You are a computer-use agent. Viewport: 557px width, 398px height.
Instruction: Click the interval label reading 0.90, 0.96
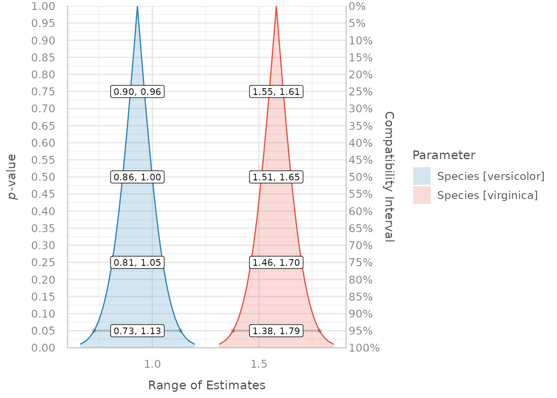(x=137, y=92)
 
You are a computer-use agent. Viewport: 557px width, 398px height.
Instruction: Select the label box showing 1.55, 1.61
(x=276, y=92)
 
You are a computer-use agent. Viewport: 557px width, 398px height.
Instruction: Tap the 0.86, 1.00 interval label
(x=137, y=177)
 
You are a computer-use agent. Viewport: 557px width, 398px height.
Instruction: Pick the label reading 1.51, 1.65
(x=276, y=177)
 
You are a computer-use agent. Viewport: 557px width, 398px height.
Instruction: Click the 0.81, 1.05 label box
(x=137, y=262)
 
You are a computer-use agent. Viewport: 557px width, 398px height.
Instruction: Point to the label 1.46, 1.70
(x=276, y=262)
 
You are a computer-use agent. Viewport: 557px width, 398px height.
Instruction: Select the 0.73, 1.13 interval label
(x=137, y=330)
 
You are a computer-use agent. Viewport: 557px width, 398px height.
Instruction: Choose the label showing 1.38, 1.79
(x=276, y=330)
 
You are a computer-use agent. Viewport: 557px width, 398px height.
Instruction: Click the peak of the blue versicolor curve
(x=138, y=6)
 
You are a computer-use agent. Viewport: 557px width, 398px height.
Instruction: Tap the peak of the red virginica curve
(x=276, y=6)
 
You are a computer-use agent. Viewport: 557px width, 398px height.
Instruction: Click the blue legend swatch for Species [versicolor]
(x=422, y=176)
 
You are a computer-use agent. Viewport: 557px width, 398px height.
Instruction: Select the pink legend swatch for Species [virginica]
(x=422, y=195)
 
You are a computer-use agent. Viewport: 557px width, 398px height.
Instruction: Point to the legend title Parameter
(x=444, y=155)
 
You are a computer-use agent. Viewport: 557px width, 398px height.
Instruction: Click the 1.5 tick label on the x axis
(x=259, y=364)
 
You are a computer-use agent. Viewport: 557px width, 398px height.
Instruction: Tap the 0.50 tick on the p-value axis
(x=43, y=177)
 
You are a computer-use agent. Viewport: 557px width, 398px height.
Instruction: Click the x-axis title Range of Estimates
(x=207, y=385)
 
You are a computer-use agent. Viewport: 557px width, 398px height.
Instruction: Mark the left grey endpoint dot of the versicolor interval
(x=94, y=330)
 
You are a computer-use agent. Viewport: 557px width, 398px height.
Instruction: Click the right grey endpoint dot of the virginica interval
(x=320, y=330)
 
